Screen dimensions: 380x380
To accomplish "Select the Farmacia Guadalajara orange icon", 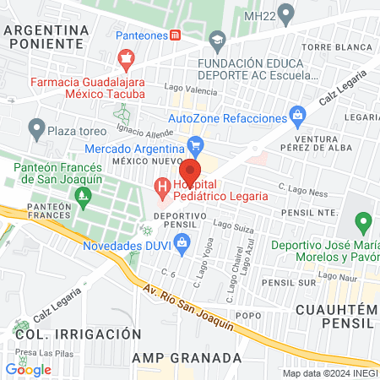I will (x=126, y=58).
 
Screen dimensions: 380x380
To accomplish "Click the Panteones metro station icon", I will (x=175, y=36).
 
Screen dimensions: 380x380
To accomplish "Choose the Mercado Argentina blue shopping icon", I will (x=195, y=144).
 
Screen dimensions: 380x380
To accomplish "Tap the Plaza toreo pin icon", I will (x=35, y=129).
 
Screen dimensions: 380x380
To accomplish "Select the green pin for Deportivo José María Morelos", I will (x=364, y=223).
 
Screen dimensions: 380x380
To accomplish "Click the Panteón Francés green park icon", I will (x=83, y=199).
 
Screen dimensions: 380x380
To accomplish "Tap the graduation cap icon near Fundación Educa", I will (x=218, y=40).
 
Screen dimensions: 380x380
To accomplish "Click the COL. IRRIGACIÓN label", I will (x=77, y=334).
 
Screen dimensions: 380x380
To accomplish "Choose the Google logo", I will (x=28, y=369).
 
